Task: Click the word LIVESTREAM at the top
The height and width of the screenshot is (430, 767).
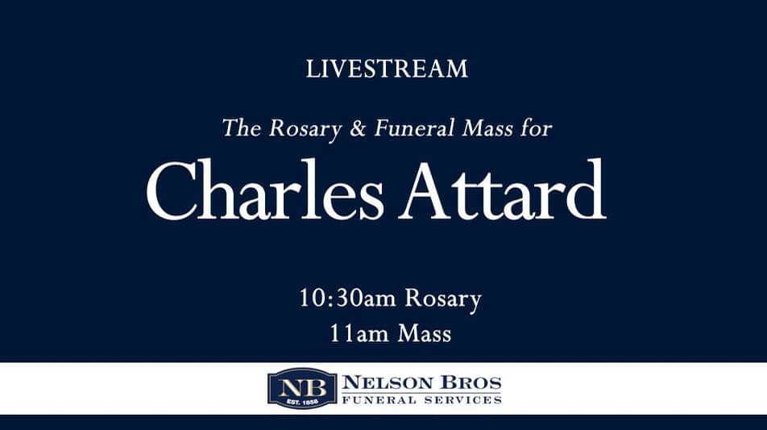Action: [x=387, y=69]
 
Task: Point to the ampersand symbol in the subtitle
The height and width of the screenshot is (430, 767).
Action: [x=359, y=127]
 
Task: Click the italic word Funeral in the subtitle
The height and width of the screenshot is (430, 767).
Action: [x=411, y=127]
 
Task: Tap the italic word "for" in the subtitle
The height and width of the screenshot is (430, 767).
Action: [x=535, y=127]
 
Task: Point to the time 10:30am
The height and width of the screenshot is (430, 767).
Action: [x=347, y=298]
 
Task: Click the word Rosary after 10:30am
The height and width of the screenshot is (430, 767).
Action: [x=442, y=299]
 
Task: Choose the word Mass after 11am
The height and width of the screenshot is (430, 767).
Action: [x=424, y=332]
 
